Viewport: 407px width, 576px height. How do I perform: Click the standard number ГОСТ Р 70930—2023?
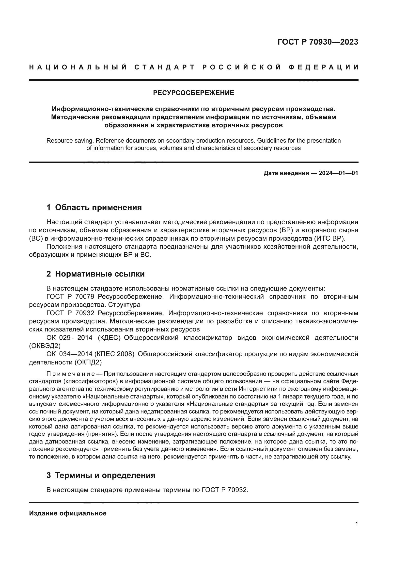(317, 42)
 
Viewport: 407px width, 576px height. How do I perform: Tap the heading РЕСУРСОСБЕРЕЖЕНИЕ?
(193, 93)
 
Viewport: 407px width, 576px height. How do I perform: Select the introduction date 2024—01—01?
(338, 173)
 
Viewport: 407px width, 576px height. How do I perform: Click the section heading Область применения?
(98, 207)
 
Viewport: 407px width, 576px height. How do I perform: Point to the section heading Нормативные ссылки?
(100, 274)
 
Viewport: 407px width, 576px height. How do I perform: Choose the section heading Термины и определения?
(105, 475)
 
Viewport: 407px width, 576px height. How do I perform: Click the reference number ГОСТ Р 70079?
(70, 296)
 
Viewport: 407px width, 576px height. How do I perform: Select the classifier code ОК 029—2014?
(69, 338)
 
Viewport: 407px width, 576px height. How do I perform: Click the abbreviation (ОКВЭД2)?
(45, 346)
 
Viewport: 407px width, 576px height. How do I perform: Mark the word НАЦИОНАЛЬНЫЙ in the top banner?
(78, 67)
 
